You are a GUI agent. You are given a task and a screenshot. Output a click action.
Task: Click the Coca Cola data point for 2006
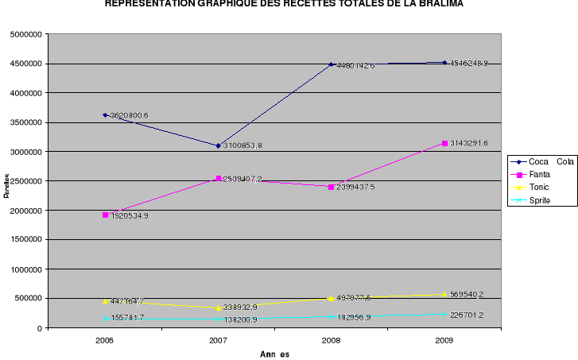[x=105, y=115]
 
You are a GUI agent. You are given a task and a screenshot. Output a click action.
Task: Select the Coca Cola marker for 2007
[x=218, y=145]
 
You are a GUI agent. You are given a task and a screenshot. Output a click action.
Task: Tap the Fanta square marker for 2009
[x=444, y=143]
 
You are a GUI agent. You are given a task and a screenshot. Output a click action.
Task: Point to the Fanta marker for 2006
[x=105, y=215]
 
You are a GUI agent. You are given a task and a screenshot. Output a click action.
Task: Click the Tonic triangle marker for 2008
[x=331, y=298]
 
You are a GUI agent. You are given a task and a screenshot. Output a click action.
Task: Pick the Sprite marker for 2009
[x=444, y=314]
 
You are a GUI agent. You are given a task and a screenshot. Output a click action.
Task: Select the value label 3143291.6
[x=469, y=143]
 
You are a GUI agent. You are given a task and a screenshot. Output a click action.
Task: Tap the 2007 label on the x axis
[x=218, y=340]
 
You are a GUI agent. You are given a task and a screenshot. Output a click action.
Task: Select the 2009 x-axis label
[x=444, y=340]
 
